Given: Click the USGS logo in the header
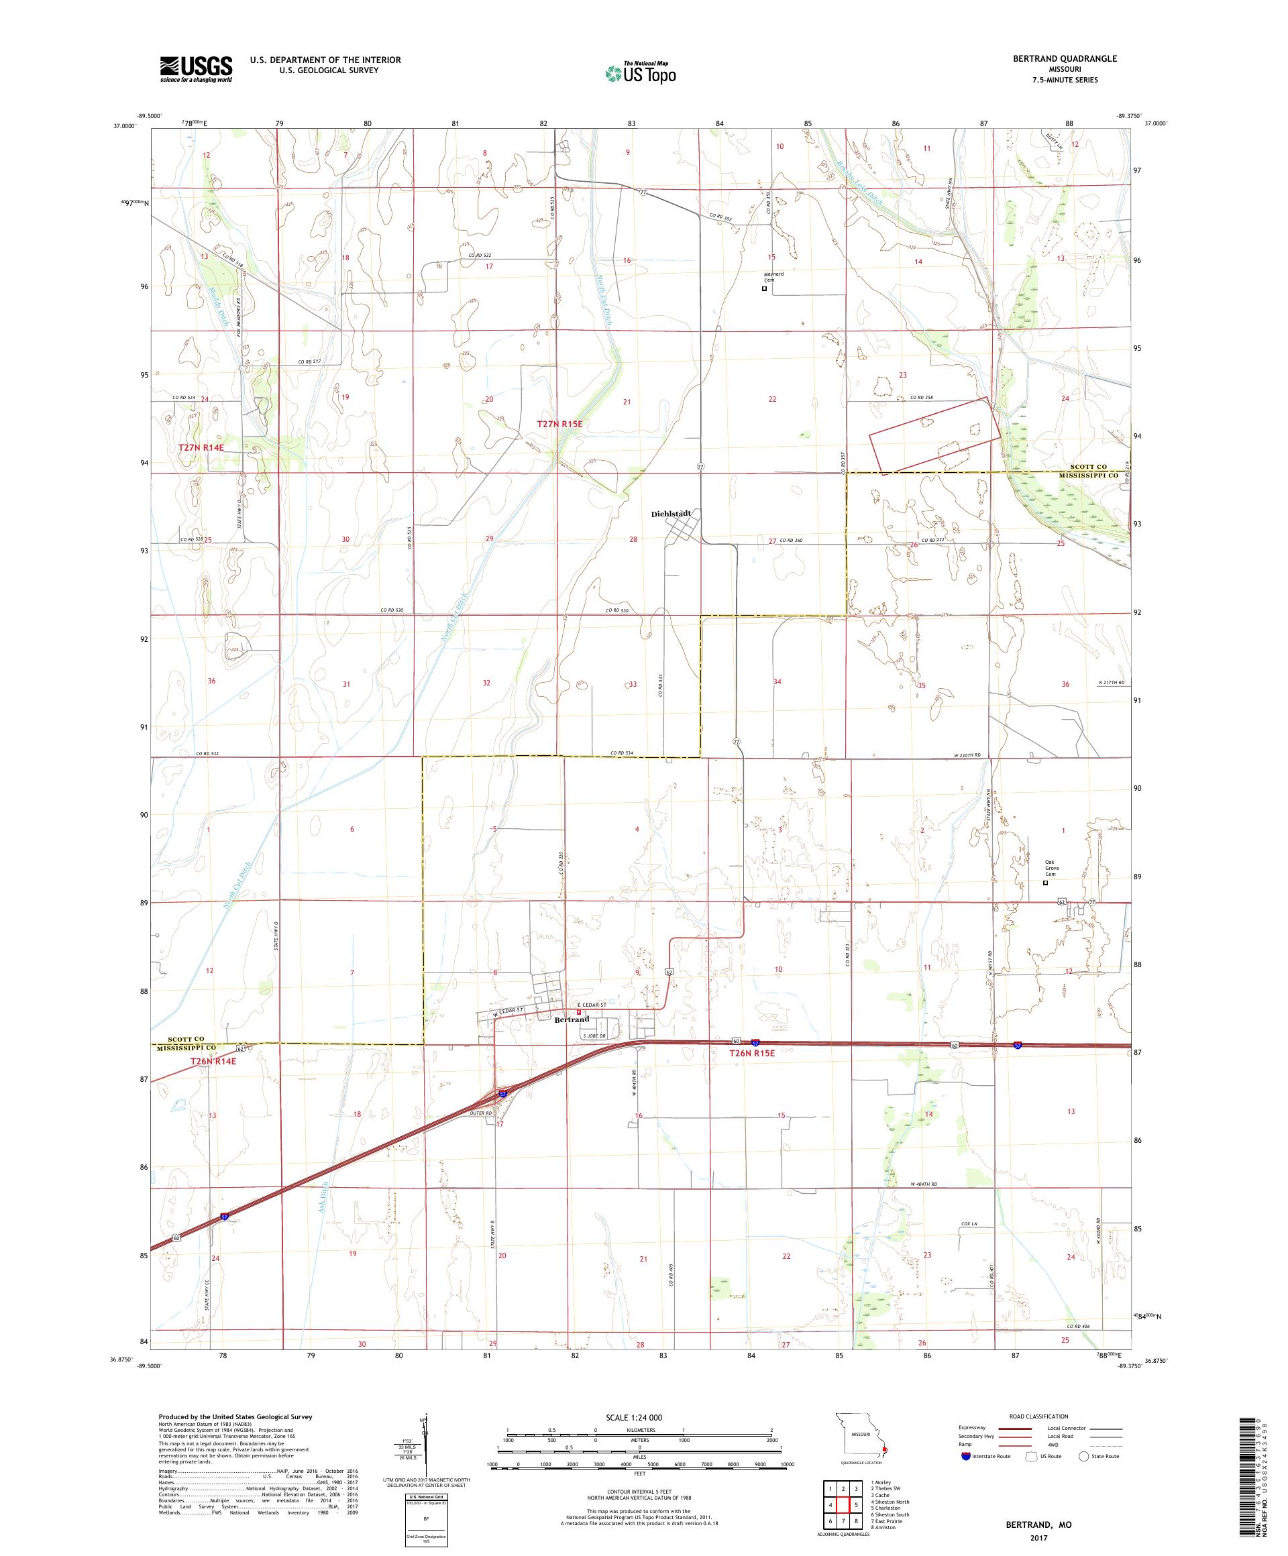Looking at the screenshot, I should (196, 69).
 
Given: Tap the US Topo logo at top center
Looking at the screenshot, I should (641, 72).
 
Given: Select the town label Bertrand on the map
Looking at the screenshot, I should (572, 1019).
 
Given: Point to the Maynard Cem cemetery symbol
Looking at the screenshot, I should (764, 289).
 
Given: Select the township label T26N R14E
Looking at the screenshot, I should (213, 1061).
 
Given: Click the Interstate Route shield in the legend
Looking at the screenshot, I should (965, 1455).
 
